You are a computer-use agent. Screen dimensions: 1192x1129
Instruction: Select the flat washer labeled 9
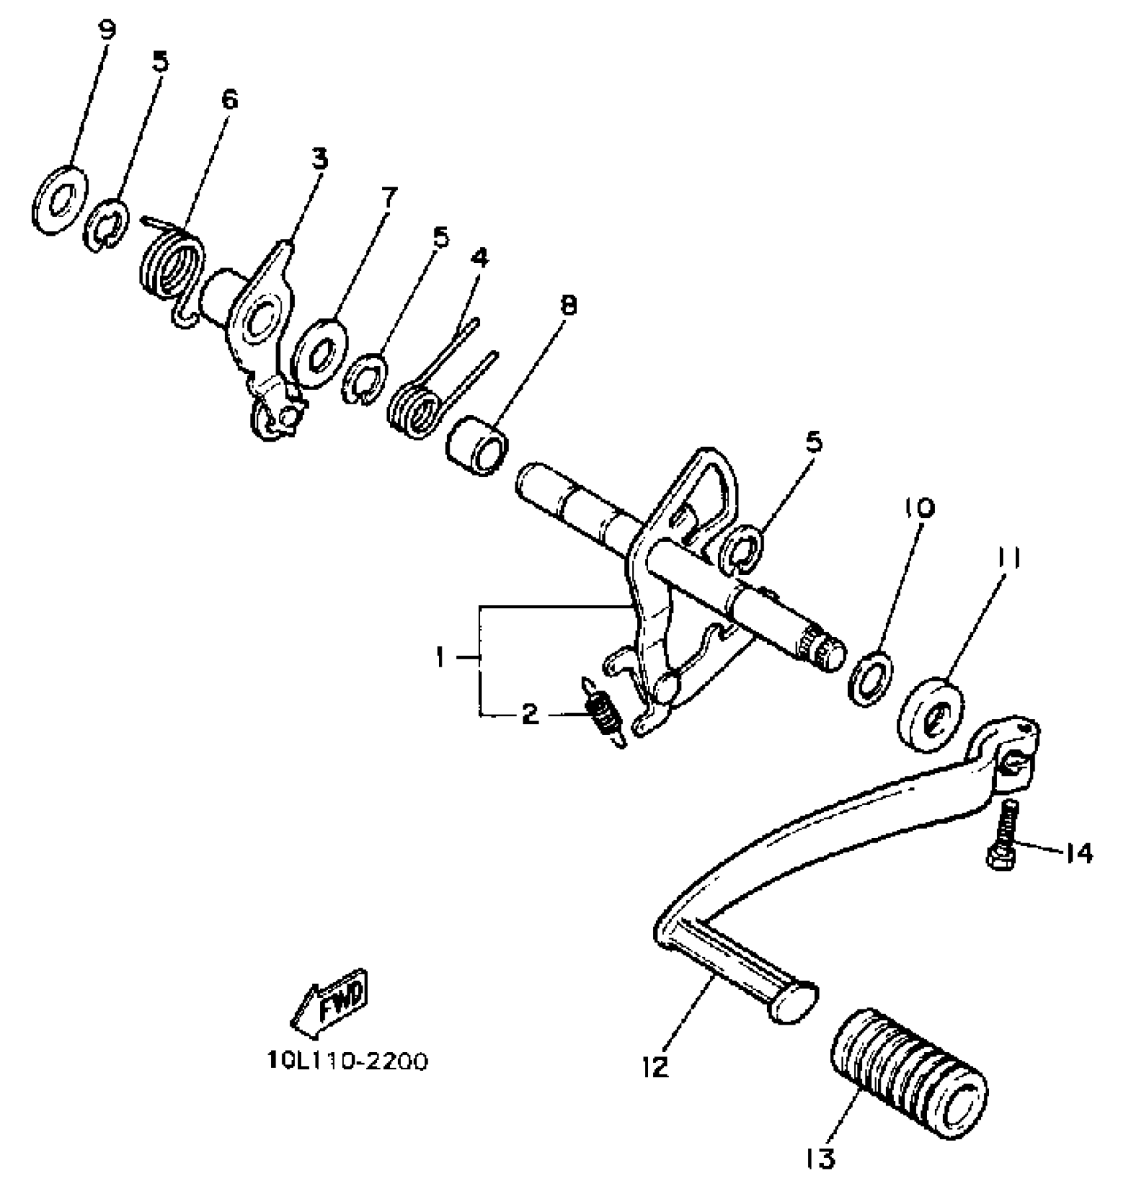pyautogui.click(x=60, y=199)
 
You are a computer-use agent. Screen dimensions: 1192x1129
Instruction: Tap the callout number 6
pyautogui.click(x=228, y=100)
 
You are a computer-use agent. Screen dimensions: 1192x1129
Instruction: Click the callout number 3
pyautogui.click(x=319, y=159)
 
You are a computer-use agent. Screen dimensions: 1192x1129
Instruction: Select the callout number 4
pyautogui.click(x=479, y=258)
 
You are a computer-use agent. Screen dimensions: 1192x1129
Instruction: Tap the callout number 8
pyautogui.click(x=568, y=305)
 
